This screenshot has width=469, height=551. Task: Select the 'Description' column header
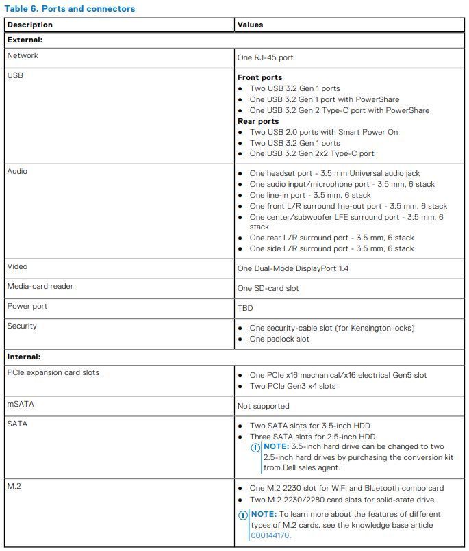pos(29,25)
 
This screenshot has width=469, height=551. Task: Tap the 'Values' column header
pos(250,25)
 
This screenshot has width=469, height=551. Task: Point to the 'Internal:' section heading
pos(24,357)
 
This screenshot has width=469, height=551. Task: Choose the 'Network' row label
pos(23,55)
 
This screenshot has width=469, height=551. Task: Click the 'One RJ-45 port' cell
pos(265,58)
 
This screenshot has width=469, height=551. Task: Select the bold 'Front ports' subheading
pos(259,77)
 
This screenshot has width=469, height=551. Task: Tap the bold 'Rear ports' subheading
pos(258,121)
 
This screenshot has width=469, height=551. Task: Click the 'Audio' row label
pos(17,171)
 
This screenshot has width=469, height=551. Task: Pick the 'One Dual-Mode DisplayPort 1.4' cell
pos(292,268)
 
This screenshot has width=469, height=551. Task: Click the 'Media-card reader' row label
pos(40,286)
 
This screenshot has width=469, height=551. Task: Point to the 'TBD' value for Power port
pos(245,308)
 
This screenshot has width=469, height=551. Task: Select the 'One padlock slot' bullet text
pos(279,339)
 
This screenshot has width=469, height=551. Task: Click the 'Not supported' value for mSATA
pos(263,406)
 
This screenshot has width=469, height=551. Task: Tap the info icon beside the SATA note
pos(256,447)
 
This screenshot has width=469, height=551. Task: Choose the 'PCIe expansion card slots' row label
pos(53,372)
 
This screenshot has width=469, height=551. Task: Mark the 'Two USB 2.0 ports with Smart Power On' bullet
pos(323,132)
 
